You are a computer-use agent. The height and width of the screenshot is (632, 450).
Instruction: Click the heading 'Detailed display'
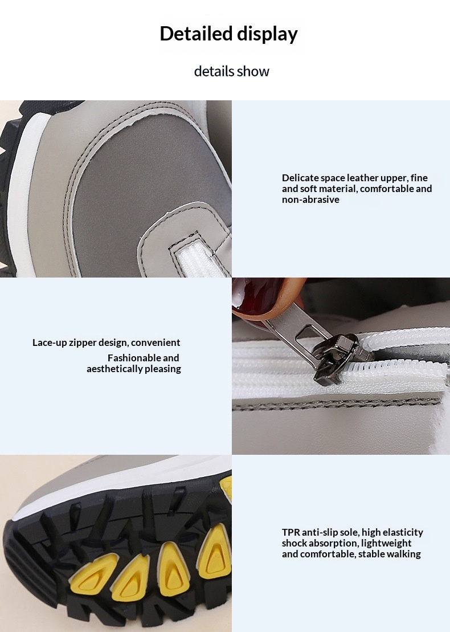click(x=228, y=34)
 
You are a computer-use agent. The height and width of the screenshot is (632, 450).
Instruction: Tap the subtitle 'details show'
click(x=232, y=71)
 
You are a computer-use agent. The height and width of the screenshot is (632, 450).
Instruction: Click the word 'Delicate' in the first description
click(x=300, y=178)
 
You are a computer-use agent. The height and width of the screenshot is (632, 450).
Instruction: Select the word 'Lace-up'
click(x=50, y=342)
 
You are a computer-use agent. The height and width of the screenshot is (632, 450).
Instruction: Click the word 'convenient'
click(x=156, y=342)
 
